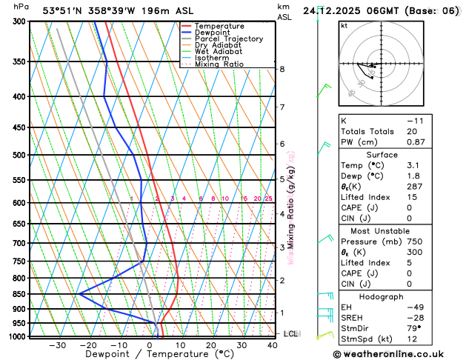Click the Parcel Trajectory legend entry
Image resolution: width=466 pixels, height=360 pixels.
[x=227, y=39]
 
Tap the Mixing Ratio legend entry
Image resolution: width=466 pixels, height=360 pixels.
[x=219, y=64]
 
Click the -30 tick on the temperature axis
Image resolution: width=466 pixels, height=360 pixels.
[x=58, y=345]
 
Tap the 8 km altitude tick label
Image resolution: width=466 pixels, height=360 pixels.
[x=282, y=70]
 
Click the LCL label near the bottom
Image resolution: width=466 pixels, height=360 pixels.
[x=291, y=334]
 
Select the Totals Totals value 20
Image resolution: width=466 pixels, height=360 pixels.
[x=412, y=131]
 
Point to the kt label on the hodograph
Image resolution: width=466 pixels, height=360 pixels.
[x=344, y=25]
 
